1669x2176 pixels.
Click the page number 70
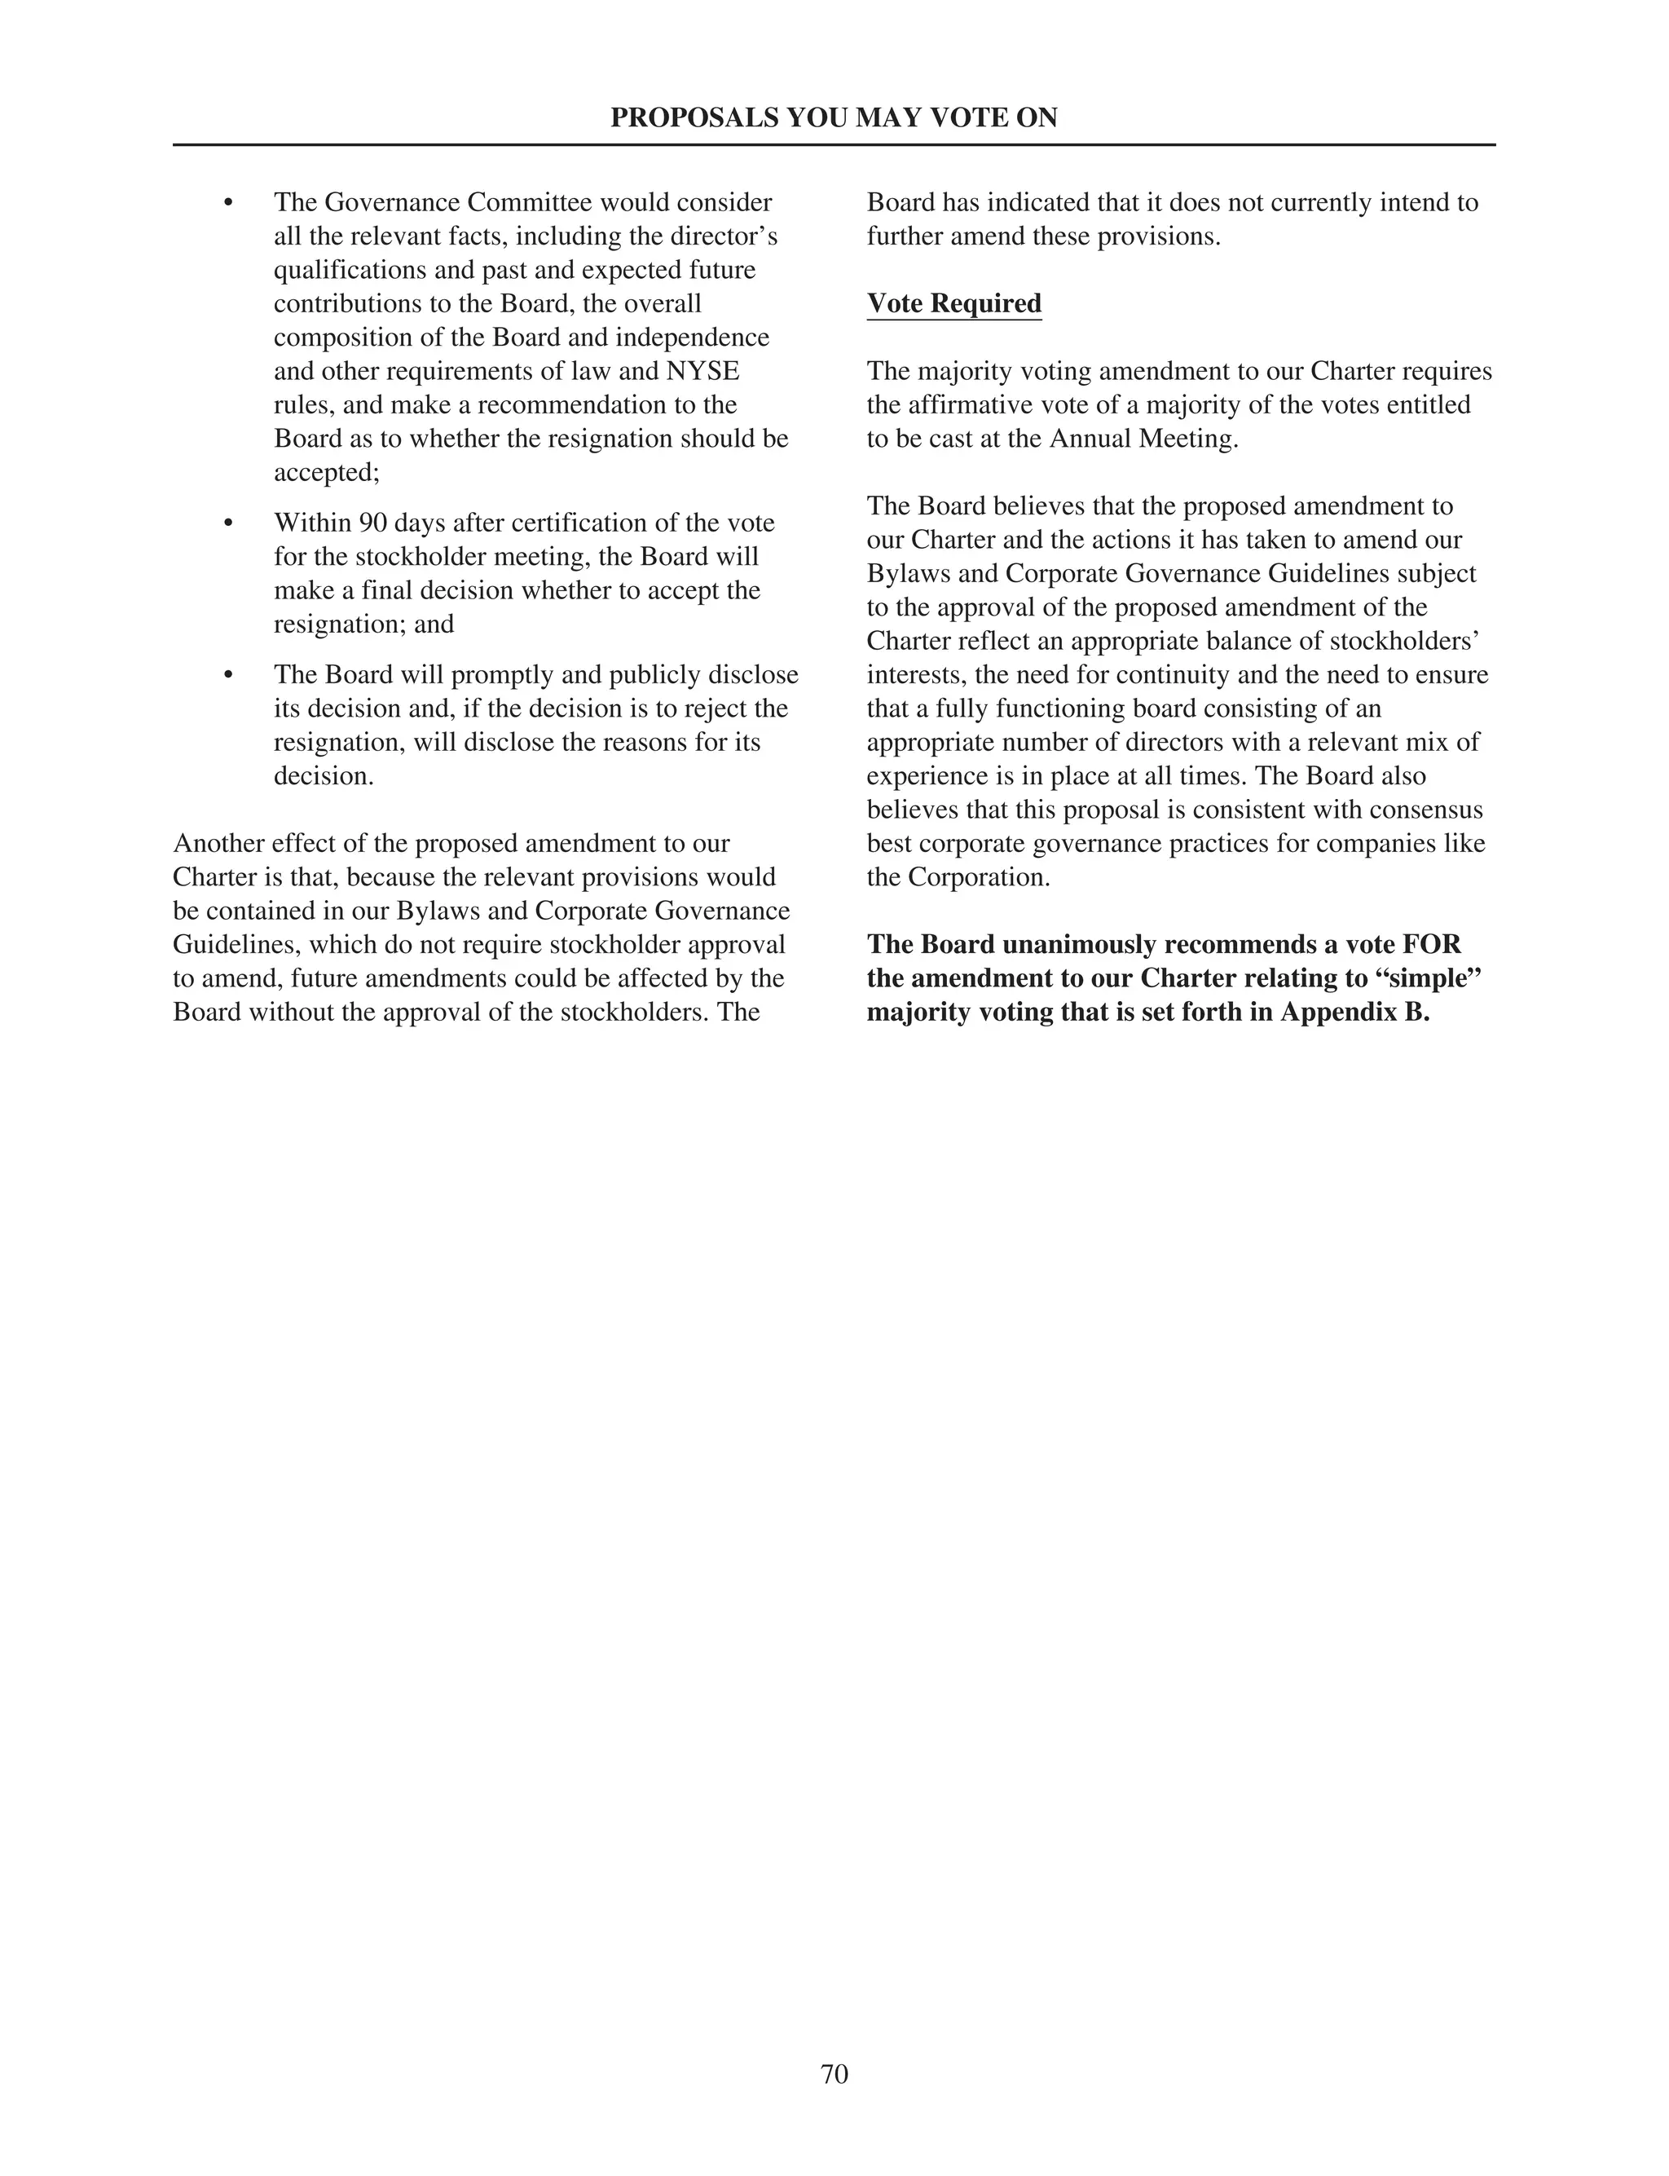coord(834,2073)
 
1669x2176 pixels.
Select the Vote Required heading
coord(953,304)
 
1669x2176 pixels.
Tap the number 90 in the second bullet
coord(372,523)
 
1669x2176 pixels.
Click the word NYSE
coord(702,372)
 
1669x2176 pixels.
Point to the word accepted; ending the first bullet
coord(327,473)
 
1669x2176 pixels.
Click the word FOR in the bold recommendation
coord(1432,945)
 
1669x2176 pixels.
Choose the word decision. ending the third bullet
coord(324,777)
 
